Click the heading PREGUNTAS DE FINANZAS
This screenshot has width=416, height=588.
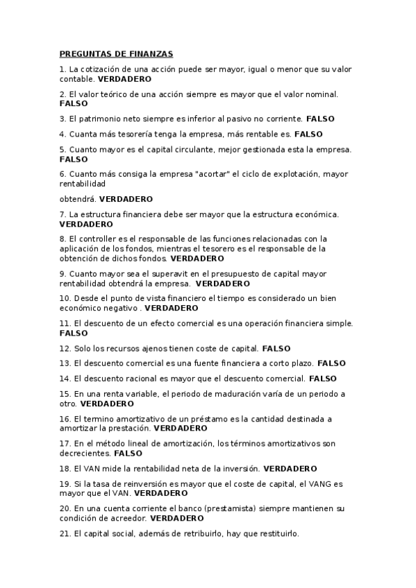coord(116,53)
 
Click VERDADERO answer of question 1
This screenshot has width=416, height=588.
coord(124,79)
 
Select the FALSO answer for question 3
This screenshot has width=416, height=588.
coord(321,119)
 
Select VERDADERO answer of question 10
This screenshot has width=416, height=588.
coord(172,308)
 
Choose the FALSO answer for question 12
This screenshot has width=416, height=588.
coord(276,348)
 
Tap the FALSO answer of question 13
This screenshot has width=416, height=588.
coord(331,363)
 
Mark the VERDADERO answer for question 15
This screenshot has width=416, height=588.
coord(107,403)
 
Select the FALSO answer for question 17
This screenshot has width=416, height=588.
coord(128,453)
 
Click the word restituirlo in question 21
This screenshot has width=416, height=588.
coord(277,533)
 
